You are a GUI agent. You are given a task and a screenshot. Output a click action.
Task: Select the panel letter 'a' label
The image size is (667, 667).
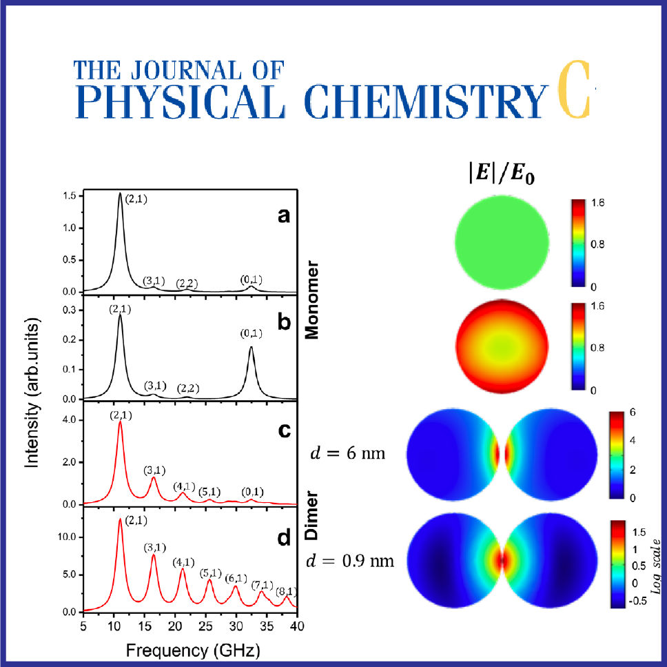pos(283,216)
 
